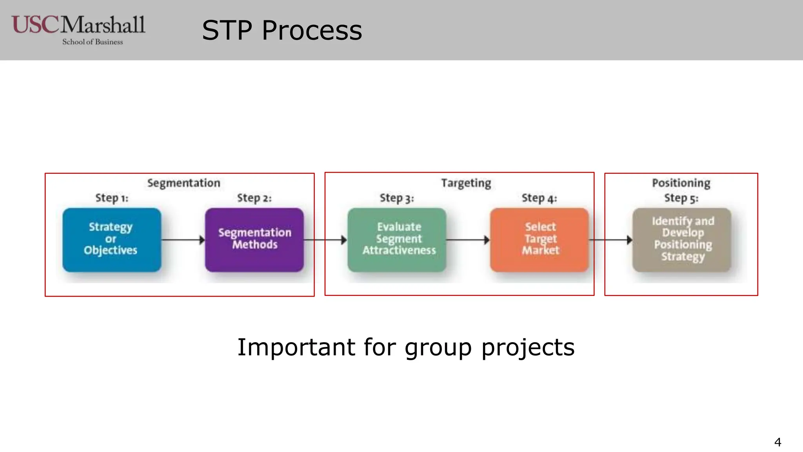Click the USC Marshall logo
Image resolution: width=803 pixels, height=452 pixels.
(x=78, y=29)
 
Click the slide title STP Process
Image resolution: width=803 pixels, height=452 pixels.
(x=282, y=31)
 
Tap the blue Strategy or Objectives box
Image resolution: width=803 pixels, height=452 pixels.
(x=112, y=240)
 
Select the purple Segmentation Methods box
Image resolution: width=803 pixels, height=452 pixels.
(x=254, y=240)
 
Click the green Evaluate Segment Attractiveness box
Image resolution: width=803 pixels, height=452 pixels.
(x=397, y=240)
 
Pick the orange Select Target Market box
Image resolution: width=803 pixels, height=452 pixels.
(x=540, y=240)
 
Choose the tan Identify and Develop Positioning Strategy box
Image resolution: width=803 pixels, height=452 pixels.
(x=682, y=240)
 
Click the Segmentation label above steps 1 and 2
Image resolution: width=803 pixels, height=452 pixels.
(x=183, y=183)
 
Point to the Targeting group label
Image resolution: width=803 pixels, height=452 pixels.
(x=466, y=183)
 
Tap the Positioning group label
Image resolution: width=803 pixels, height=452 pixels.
(x=681, y=183)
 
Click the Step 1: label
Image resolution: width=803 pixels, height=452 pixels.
(x=112, y=198)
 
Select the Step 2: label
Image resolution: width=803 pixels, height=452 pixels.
(x=254, y=198)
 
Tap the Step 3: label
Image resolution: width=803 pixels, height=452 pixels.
(x=397, y=198)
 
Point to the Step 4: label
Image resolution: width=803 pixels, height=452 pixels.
(x=539, y=198)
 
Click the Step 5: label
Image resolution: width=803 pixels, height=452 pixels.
(x=681, y=198)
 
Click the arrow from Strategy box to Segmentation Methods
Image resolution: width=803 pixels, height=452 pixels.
(x=183, y=240)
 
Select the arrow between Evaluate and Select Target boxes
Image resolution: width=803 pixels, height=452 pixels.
(x=468, y=240)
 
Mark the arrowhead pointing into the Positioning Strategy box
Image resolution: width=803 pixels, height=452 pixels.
(x=629, y=240)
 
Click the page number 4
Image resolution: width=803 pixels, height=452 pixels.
(x=778, y=442)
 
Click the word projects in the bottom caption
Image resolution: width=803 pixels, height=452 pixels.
(x=528, y=348)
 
